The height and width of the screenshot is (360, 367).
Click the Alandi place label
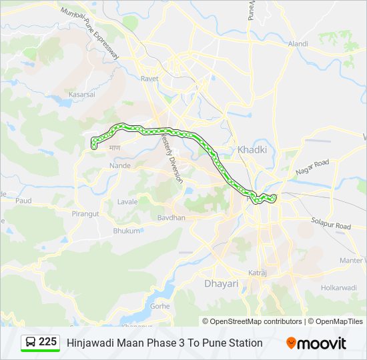point(298,44)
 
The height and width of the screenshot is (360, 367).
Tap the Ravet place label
point(149,79)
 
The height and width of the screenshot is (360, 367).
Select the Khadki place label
point(252,150)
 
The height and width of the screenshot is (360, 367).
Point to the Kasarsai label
point(81,95)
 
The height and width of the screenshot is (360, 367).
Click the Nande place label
point(120,165)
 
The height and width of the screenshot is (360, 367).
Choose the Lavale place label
point(127,201)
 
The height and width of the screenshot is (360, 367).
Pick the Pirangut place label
point(85,214)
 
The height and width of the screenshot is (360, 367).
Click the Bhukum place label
point(127,231)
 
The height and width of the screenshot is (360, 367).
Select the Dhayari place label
point(220,283)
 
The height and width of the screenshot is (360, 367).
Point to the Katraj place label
point(258,273)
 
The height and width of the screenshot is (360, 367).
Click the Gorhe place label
point(160,306)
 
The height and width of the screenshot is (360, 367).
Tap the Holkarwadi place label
point(339,289)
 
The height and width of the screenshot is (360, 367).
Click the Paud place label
point(23,200)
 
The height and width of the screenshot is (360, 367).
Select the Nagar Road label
point(312,167)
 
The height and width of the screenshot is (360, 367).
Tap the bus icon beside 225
point(31,342)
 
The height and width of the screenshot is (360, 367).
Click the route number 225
point(48,341)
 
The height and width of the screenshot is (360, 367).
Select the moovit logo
point(316,343)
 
